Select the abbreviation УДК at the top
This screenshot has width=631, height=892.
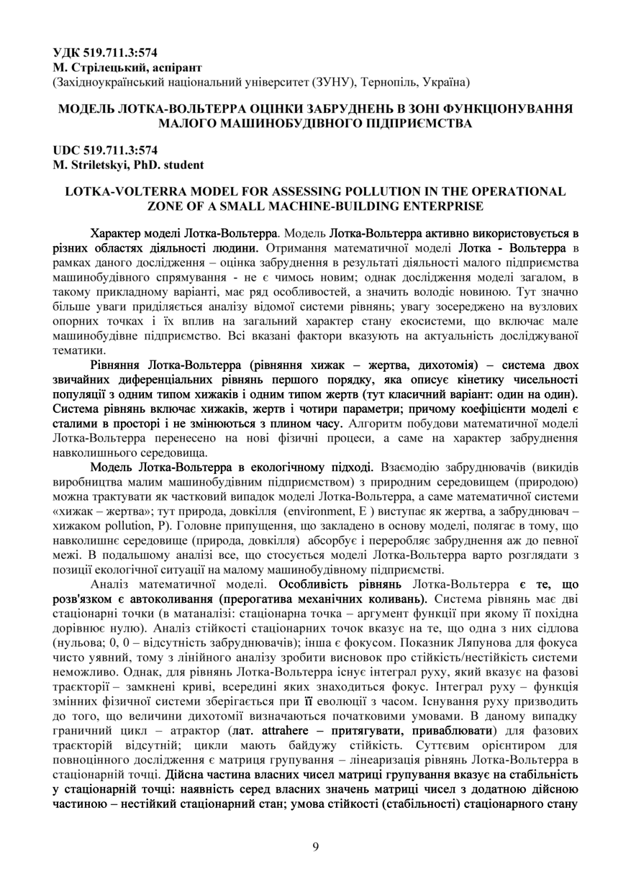coord(68,52)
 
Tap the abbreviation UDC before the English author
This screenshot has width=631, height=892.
coord(68,151)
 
